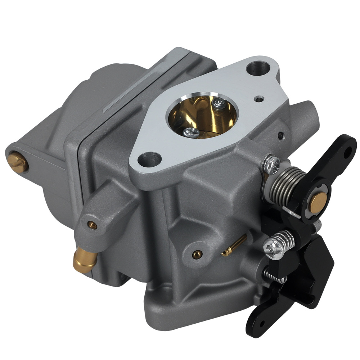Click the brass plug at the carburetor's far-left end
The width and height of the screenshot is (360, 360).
tap(18, 162)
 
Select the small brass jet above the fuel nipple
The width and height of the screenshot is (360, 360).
tap(93, 225)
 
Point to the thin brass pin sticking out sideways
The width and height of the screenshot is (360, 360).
tap(234, 246)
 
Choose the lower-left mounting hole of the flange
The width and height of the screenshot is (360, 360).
tap(149, 159)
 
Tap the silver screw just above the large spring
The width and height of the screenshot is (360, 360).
tap(271, 164)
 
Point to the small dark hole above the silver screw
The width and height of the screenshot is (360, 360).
tap(280, 136)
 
